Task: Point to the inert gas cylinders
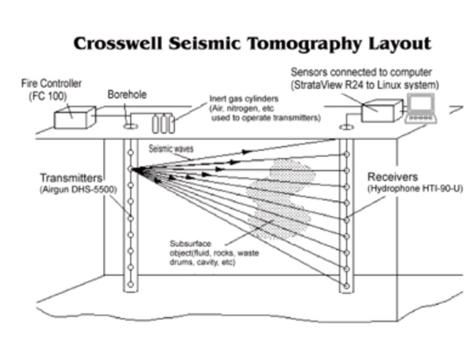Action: (x=163, y=123)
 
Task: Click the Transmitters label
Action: (x=71, y=178)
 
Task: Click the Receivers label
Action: (x=392, y=177)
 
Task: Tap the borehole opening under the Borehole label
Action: (x=130, y=126)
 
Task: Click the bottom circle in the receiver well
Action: (x=346, y=285)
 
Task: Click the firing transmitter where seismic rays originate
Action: (x=131, y=169)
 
